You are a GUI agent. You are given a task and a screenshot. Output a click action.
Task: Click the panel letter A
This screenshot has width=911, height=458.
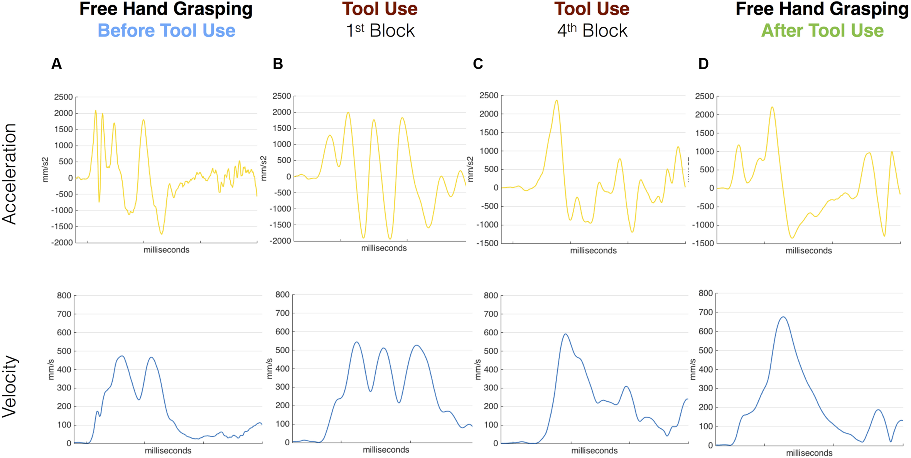point(56,64)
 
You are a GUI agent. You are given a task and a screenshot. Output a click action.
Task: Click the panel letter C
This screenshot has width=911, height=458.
point(478,64)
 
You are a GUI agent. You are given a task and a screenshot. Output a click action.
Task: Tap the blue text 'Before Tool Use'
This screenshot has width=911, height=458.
point(166,30)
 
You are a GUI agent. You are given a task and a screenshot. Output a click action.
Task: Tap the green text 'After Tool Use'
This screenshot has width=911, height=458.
point(822,30)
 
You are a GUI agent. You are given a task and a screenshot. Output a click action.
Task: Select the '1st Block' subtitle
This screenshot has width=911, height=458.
point(380,30)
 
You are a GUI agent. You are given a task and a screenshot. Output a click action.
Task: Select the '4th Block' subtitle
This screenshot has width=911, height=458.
point(592,30)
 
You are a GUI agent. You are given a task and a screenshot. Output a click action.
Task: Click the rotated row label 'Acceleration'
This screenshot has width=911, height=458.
point(9,174)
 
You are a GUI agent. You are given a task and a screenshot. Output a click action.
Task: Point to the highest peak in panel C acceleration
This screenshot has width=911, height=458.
point(557,101)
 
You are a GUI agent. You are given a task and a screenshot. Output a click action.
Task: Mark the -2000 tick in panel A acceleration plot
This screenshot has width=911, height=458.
point(62,242)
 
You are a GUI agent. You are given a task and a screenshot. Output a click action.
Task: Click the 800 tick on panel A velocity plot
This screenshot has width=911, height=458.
point(64,296)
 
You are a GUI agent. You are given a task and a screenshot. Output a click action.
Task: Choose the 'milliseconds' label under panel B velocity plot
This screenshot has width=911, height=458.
point(386,450)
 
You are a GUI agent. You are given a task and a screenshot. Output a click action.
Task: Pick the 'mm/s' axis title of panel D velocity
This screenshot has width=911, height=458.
point(693,369)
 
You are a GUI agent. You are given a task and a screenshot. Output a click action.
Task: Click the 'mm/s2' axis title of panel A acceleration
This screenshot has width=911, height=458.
point(45,170)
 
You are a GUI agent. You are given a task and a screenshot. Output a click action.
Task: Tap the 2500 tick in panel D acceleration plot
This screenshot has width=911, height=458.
point(704,96)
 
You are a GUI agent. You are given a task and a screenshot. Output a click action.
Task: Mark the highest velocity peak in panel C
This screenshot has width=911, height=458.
point(565,334)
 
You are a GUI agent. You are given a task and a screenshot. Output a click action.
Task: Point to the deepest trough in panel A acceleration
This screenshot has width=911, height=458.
point(162,234)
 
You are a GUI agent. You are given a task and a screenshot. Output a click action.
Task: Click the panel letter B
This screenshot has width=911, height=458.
point(278,64)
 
